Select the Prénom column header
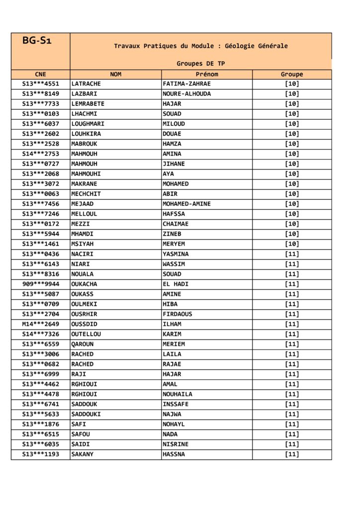click(x=207, y=75)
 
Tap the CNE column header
click(x=41, y=75)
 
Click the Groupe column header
click(x=292, y=75)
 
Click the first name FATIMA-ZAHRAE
click(x=186, y=84)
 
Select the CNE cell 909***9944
click(x=41, y=284)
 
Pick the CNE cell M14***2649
click(x=41, y=324)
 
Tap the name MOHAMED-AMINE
click(x=186, y=204)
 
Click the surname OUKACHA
click(x=85, y=284)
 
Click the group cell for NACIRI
click(x=292, y=254)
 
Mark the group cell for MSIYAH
click(x=292, y=244)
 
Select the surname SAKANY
click(x=83, y=454)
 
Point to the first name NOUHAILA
click(x=178, y=394)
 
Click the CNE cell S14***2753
click(x=41, y=154)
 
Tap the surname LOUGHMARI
click(x=88, y=124)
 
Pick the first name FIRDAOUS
click(x=178, y=314)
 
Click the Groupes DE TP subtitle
click(x=200, y=64)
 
